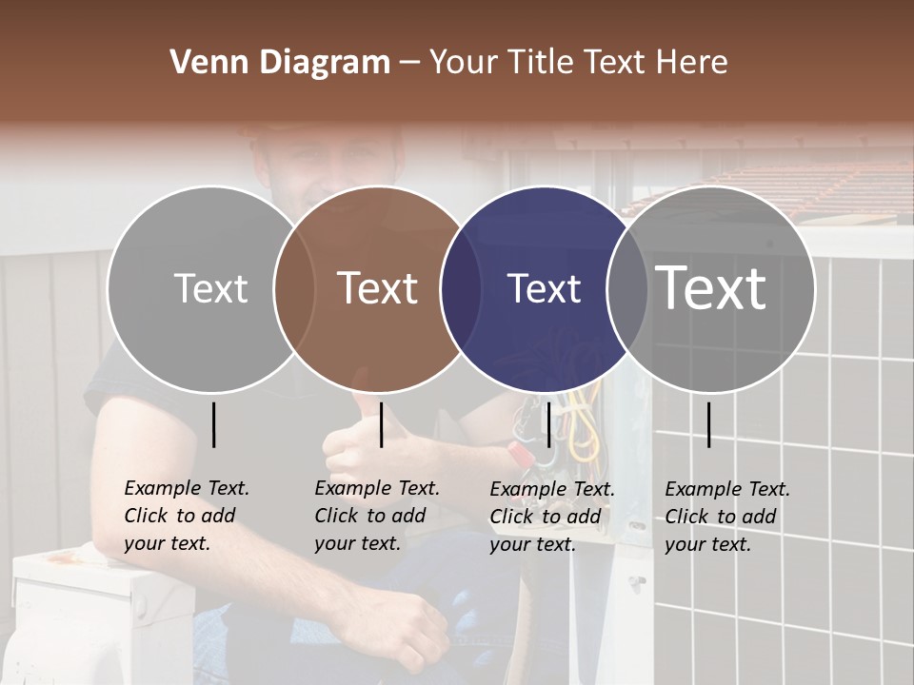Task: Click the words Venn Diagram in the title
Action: click(x=280, y=63)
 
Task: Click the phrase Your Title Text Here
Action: click(x=578, y=63)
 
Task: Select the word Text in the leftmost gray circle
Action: click(x=210, y=288)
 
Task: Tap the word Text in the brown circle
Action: click(x=378, y=288)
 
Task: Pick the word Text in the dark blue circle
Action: click(x=545, y=288)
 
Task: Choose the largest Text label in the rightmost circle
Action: click(x=711, y=288)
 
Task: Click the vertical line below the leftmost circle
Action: click(x=213, y=424)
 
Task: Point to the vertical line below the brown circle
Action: click(x=381, y=424)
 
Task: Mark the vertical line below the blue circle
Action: click(x=548, y=424)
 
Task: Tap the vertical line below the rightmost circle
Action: click(x=708, y=424)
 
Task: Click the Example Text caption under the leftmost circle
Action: click(x=187, y=516)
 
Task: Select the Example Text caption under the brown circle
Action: click(x=377, y=516)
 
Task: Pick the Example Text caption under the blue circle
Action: click(x=552, y=517)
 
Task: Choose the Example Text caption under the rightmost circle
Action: click(x=727, y=517)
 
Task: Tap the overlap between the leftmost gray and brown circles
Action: click(x=294, y=288)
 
